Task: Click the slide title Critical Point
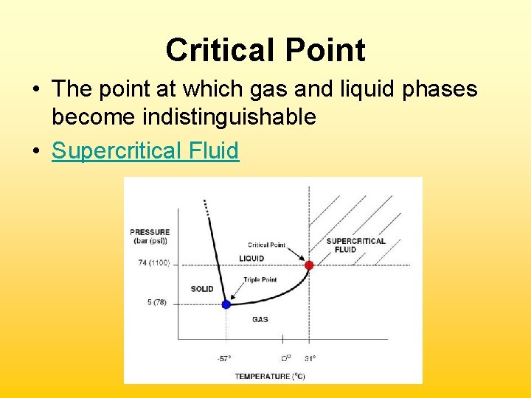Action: coord(265,50)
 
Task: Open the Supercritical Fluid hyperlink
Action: coord(145,150)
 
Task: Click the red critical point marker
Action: coord(309,265)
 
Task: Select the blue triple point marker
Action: coord(226,304)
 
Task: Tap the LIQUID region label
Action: coord(251,258)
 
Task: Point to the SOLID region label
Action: coord(201,289)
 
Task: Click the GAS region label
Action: coord(260,320)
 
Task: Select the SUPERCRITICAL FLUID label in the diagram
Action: coord(355,245)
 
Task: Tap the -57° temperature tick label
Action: coord(223,359)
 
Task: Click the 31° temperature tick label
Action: coord(310,359)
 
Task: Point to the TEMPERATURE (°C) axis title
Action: coord(270,376)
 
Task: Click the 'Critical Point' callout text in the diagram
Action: coord(266,245)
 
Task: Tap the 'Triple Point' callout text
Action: coord(260,279)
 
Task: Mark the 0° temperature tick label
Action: coord(285,359)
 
